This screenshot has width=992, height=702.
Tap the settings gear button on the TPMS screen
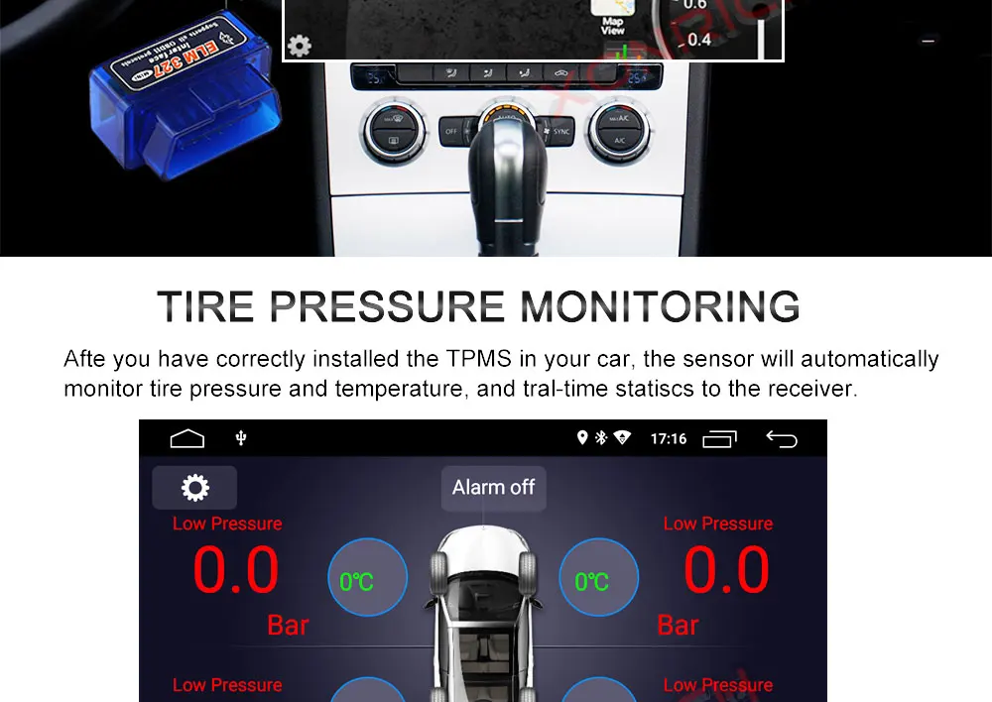click(x=194, y=488)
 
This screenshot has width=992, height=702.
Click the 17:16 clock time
click(x=668, y=438)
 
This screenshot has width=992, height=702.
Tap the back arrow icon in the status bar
click(x=782, y=438)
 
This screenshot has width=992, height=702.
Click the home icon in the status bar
click(x=186, y=438)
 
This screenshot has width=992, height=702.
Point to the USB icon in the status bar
click(x=240, y=438)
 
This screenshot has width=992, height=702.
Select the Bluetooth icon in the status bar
click(x=601, y=438)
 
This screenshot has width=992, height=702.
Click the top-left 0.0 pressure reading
click(x=235, y=571)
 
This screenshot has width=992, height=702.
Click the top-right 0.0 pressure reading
click(x=726, y=571)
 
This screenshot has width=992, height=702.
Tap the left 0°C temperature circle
click(x=367, y=579)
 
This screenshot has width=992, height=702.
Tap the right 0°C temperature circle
click(x=598, y=579)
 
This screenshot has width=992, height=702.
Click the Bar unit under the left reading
click(x=288, y=626)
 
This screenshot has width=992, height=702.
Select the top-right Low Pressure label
click(x=717, y=524)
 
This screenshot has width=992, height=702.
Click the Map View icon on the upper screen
click(x=612, y=23)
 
